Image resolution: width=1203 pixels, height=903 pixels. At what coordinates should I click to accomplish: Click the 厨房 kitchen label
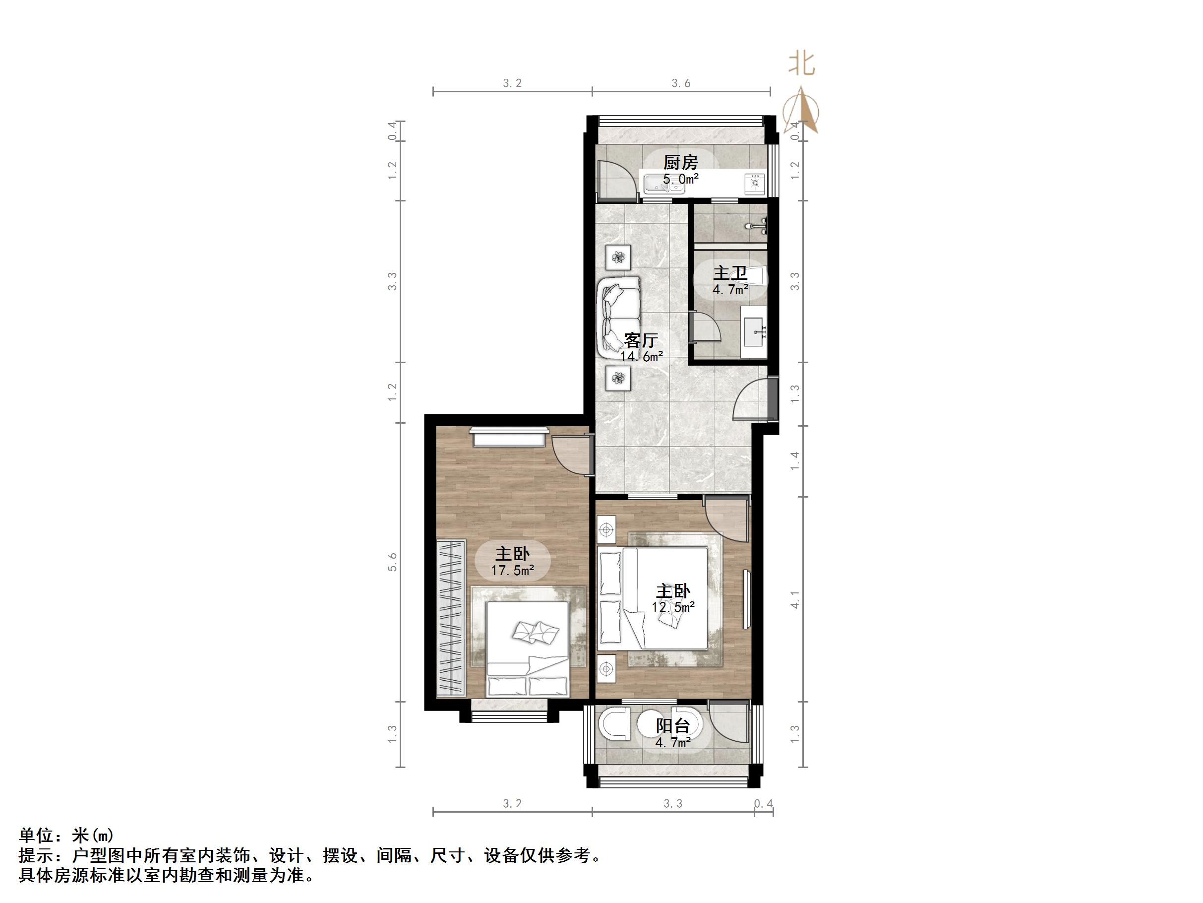click(680, 162)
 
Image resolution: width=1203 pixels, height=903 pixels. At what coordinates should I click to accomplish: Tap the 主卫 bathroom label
click(730, 273)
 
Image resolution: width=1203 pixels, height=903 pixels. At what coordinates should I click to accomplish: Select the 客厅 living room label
click(641, 340)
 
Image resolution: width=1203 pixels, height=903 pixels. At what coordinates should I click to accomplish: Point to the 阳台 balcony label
click(673, 725)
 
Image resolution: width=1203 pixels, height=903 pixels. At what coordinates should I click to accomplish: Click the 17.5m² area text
click(512, 571)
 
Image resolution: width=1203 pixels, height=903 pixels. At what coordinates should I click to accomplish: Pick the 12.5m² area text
click(673, 607)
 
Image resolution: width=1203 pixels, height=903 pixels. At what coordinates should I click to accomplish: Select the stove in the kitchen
click(754, 184)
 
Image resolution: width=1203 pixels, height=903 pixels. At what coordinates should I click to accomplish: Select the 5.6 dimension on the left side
click(393, 562)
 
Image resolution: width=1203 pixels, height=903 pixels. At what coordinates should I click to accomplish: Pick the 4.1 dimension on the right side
click(794, 599)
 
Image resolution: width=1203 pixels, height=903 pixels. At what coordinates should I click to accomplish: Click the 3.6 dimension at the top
click(680, 83)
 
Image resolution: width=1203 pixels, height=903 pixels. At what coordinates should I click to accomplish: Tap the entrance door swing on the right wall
click(751, 400)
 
